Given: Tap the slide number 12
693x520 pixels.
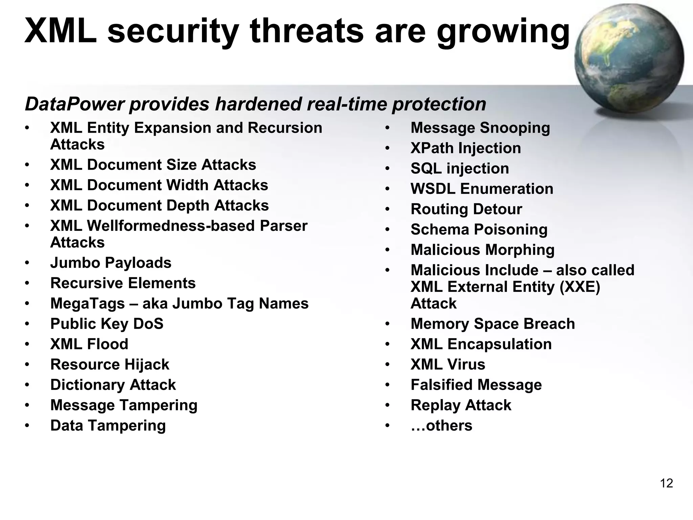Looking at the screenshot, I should tap(666, 483).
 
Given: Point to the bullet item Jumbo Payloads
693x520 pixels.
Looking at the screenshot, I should tap(111, 263).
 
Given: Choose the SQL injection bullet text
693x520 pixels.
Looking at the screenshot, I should tap(460, 169).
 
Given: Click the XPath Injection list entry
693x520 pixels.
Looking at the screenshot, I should tap(466, 148).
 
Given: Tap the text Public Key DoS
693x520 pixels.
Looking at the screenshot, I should tap(107, 324).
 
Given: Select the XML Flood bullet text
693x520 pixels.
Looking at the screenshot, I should tap(89, 344).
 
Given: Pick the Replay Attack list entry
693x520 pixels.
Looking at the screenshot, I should tap(461, 405).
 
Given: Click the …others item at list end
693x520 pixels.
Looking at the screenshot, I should tap(441, 426).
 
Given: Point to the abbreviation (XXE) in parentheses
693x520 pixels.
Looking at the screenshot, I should tap(579, 287).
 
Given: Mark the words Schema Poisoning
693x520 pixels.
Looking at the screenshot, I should tap(479, 230).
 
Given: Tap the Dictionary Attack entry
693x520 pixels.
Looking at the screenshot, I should tap(113, 385).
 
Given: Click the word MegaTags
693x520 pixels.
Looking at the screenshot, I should tap(88, 304).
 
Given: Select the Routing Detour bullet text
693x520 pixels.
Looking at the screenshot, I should tap(466, 209).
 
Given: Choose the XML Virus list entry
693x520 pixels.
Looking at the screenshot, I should tap(448, 365).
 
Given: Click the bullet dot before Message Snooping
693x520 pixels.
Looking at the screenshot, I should tap(387, 128).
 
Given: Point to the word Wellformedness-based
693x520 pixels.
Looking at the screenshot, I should tap(171, 226).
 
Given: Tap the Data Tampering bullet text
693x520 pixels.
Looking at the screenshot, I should tap(108, 426).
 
